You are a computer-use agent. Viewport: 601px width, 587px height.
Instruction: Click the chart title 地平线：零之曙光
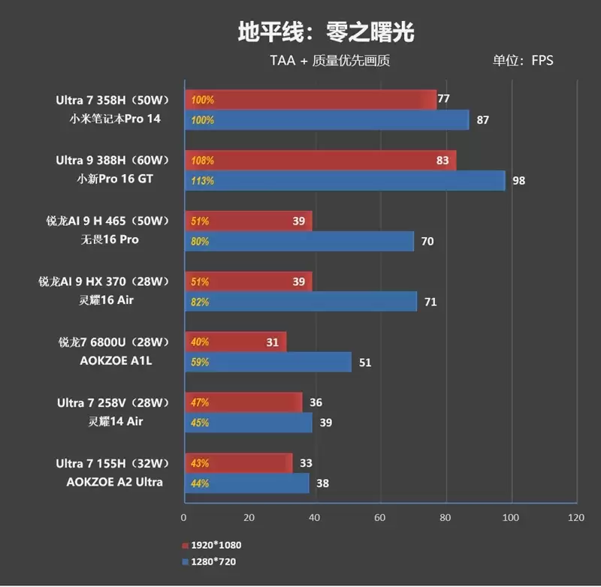pyautogui.click(x=325, y=32)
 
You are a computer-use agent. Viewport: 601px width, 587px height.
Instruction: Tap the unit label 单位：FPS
pyautogui.click(x=522, y=60)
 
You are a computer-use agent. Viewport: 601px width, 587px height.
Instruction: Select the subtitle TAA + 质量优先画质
pyautogui.click(x=330, y=60)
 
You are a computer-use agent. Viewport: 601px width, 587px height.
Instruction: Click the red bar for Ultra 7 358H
pyautogui.click(x=310, y=100)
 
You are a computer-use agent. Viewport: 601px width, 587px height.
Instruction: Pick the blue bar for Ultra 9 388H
pyautogui.click(x=344, y=181)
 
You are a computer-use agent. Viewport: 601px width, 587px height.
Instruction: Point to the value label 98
pyautogui.click(x=518, y=181)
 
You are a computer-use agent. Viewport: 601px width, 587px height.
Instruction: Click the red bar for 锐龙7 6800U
pyautogui.click(x=234, y=342)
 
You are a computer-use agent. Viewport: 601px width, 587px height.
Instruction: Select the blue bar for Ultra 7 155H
pyautogui.click(x=246, y=483)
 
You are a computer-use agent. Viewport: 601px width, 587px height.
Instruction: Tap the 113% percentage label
pyautogui.click(x=203, y=181)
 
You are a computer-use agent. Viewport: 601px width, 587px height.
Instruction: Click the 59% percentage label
pyautogui.click(x=201, y=363)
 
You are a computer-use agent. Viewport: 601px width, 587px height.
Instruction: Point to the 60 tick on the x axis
pyautogui.click(x=380, y=517)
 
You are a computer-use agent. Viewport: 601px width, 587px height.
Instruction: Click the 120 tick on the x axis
pyautogui.click(x=576, y=517)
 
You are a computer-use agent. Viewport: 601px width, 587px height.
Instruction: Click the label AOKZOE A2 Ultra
pyautogui.click(x=113, y=482)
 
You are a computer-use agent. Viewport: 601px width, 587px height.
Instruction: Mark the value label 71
pyautogui.click(x=430, y=303)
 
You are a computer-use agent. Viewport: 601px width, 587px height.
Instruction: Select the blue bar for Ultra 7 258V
pyautogui.click(x=247, y=423)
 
